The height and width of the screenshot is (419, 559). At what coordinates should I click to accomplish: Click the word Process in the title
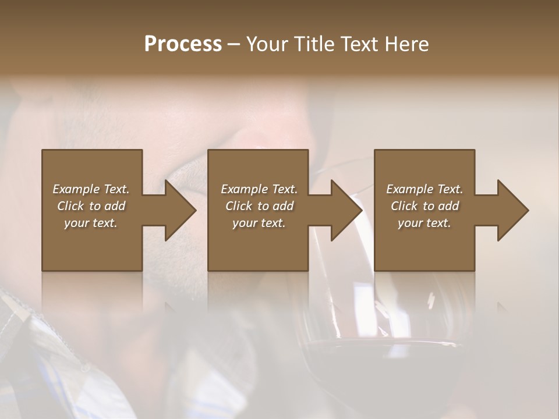point(183,44)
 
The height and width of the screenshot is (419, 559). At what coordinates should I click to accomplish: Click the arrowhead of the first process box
point(178,210)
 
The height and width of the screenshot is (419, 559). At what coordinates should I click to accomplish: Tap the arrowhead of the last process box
point(511,210)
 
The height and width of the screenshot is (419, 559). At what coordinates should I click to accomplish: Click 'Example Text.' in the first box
point(91,189)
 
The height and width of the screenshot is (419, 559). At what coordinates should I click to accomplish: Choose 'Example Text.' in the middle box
point(259,189)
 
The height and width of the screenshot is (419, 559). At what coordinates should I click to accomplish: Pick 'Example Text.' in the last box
point(424,189)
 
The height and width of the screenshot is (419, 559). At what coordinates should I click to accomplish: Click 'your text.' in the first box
point(91,223)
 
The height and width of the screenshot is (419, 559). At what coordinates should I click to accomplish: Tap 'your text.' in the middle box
point(259,223)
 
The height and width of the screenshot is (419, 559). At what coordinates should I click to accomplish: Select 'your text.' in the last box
point(424,223)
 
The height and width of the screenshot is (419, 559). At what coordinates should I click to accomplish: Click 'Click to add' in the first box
point(91,206)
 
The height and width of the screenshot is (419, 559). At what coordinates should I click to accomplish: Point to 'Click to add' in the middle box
point(259,206)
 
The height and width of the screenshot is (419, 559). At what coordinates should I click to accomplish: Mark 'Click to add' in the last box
point(424,206)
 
